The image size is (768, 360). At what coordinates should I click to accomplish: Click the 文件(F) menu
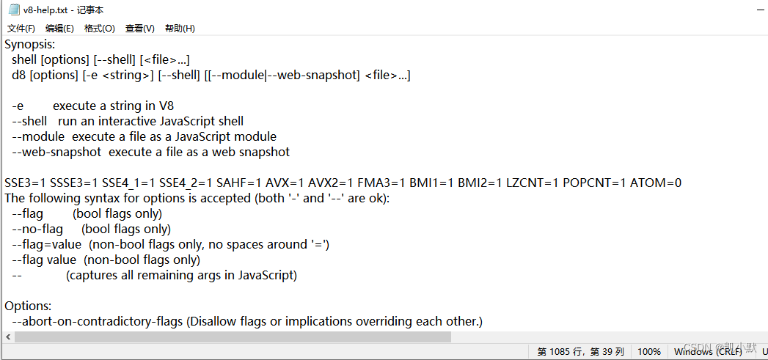coord(21,29)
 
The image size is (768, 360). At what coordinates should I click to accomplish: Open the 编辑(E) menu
coord(59,29)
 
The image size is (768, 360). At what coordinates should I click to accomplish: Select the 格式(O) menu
coord(99,29)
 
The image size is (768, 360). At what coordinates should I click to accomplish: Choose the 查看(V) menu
coord(139,29)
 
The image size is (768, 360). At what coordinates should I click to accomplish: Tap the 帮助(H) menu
coord(180,29)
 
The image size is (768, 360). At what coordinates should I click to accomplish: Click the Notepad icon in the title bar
coord(13,10)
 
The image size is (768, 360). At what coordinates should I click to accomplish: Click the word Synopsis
coord(29,44)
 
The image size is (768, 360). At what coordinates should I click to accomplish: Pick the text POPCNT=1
coord(593,183)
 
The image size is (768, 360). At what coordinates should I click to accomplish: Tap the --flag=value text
coord(46,244)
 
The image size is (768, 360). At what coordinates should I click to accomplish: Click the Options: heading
coord(28,306)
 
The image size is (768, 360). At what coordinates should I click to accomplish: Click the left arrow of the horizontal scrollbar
coord(7,337)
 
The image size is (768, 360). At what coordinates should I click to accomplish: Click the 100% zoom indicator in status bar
coord(648,352)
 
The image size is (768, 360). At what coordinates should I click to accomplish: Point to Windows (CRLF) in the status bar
coord(709,352)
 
